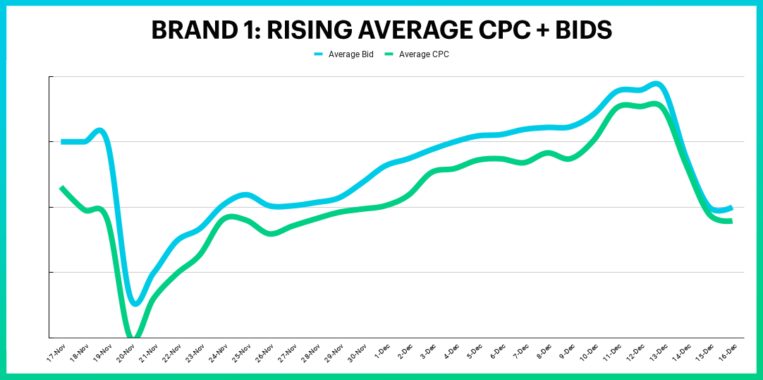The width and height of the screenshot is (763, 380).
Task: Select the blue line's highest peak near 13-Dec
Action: pyautogui.click(x=656, y=84)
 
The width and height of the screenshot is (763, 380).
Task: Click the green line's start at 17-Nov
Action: pyautogui.click(x=62, y=188)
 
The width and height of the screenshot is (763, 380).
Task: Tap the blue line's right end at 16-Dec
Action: pyautogui.click(x=731, y=208)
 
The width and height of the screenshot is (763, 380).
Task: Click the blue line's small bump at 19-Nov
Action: pyautogui.click(x=100, y=131)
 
